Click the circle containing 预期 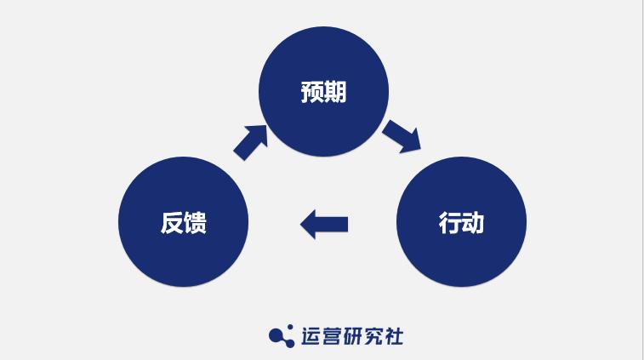click(323, 91)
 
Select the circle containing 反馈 click(184, 223)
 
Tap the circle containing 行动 click(461, 223)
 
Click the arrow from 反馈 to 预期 click(251, 141)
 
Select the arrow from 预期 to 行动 click(401, 135)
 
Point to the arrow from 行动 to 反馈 click(325, 224)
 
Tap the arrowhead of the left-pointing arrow click(308, 224)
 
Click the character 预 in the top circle click(312, 91)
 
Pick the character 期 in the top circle click(335, 91)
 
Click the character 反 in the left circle click(172, 223)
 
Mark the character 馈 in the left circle click(196, 223)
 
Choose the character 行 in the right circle click(449, 223)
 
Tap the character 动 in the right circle click(473, 223)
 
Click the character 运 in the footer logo click(311, 336)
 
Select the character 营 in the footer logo click(333, 336)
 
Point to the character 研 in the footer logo click(356, 336)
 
